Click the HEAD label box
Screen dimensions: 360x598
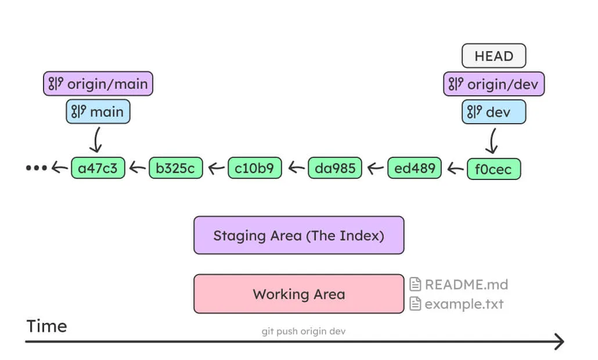click(x=493, y=56)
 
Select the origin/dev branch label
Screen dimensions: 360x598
click(x=493, y=85)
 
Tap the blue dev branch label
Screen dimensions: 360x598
click(x=493, y=112)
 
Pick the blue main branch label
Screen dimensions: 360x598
click(x=98, y=111)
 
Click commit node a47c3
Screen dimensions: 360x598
click(x=98, y=168)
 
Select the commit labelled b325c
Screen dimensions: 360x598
click(x=176, y=168)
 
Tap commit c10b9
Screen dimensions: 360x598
click(x=255, y=168)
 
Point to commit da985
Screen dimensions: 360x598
click(x=334, y=168)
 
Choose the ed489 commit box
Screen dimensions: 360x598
click(x=414, y=168)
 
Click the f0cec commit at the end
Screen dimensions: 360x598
click(x=493, y=169)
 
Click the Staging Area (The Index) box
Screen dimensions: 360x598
click(x=298, y=235)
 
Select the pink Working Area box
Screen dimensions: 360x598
click(x=298, y=294)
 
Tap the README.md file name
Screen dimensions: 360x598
click(x=466, y=285)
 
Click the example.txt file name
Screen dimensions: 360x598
click(x=464, y=304)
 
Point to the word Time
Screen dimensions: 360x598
click(x=46, y=326)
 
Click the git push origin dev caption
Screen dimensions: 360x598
click(x=304, y=331)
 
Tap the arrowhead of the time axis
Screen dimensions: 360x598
click(x=559, y=342)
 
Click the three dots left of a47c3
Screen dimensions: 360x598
click(x=36, y=168)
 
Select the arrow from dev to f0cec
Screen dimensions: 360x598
click(x=493, y=141)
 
